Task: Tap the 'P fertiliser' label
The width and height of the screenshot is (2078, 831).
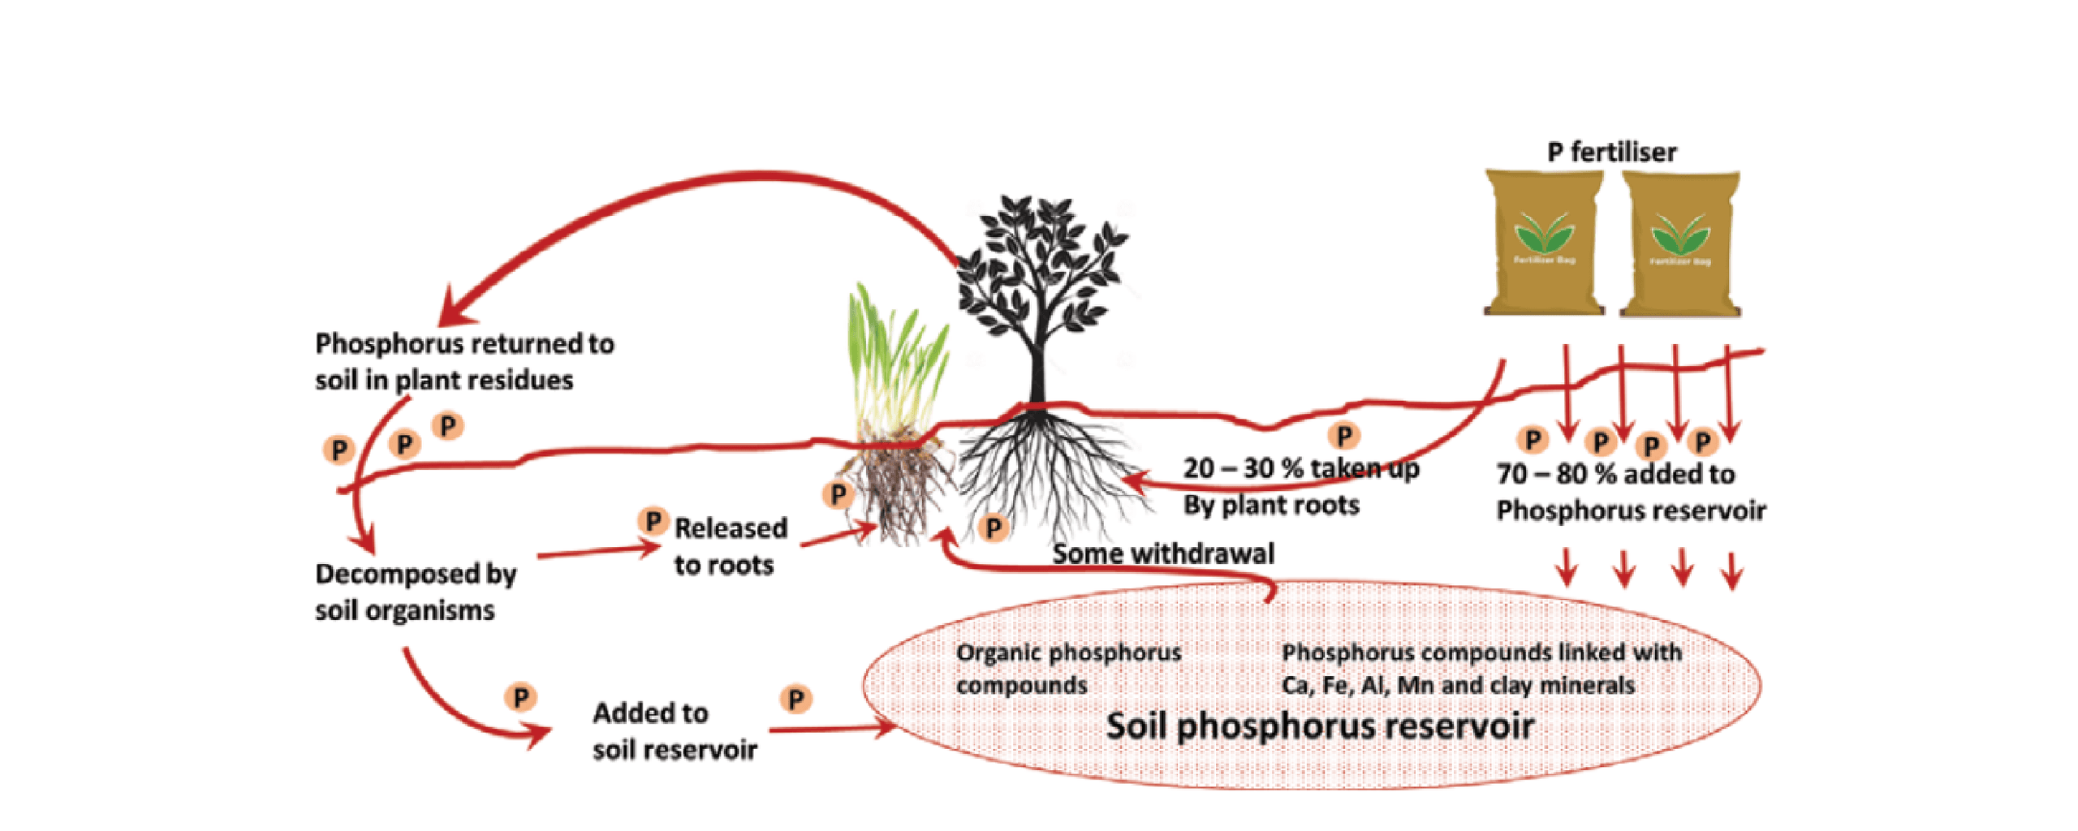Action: [1611, 152]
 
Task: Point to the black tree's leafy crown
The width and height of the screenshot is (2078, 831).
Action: [1039, 260]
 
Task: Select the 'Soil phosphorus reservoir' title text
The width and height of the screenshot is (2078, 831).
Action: [1320, 726]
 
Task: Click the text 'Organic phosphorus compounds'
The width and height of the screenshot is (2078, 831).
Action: [1068, 668]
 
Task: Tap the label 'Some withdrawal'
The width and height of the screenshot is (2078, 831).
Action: [1163, 553]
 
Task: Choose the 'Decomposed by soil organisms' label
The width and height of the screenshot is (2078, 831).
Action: [415, 592]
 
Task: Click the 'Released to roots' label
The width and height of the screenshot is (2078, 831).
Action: [730, 546]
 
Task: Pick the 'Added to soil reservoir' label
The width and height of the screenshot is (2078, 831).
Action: [674, 730]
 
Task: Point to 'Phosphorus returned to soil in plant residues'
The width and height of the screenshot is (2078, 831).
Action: [463, 361]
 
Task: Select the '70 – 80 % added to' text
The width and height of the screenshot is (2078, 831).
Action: [1615, 474]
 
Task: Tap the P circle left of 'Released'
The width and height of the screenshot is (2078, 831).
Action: [653, 520]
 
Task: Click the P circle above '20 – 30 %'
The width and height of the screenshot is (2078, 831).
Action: [1344, 436]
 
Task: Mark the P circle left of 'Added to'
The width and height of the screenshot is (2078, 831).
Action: [520, 696]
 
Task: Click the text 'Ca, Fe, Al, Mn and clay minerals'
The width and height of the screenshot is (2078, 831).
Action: [1458, 686]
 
